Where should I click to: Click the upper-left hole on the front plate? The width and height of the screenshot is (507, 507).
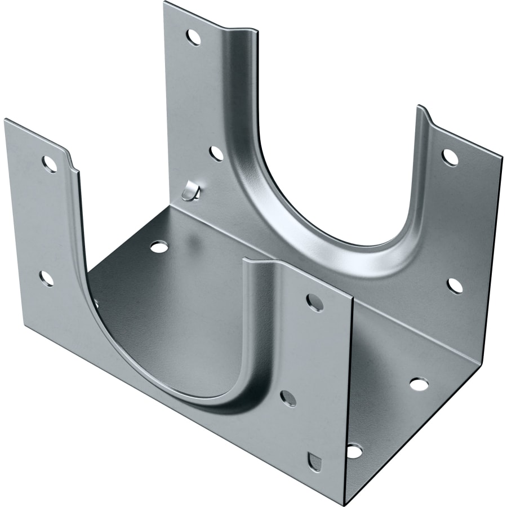(x=50, y=164)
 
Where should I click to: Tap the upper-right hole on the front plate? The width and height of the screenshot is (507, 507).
(x=315, y=303)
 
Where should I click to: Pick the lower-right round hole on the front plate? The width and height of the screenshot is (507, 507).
(x=288, y=398)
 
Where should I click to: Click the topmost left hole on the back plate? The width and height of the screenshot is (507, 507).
(x=193, y=38)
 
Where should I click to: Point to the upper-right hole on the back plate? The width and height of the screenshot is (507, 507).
(x=450, y=157)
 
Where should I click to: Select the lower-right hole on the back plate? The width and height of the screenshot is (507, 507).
(x=455, y=286)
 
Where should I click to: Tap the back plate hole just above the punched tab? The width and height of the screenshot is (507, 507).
(x=216, y=153)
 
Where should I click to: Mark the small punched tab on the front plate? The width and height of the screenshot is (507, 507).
(x=315, y=461)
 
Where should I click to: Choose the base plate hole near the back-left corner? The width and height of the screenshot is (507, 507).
(x=159, y=247)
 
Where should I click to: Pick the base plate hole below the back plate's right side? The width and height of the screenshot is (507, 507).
(x=419, y=384)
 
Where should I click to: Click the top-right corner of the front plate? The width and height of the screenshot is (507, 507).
(x=353, y=299)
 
